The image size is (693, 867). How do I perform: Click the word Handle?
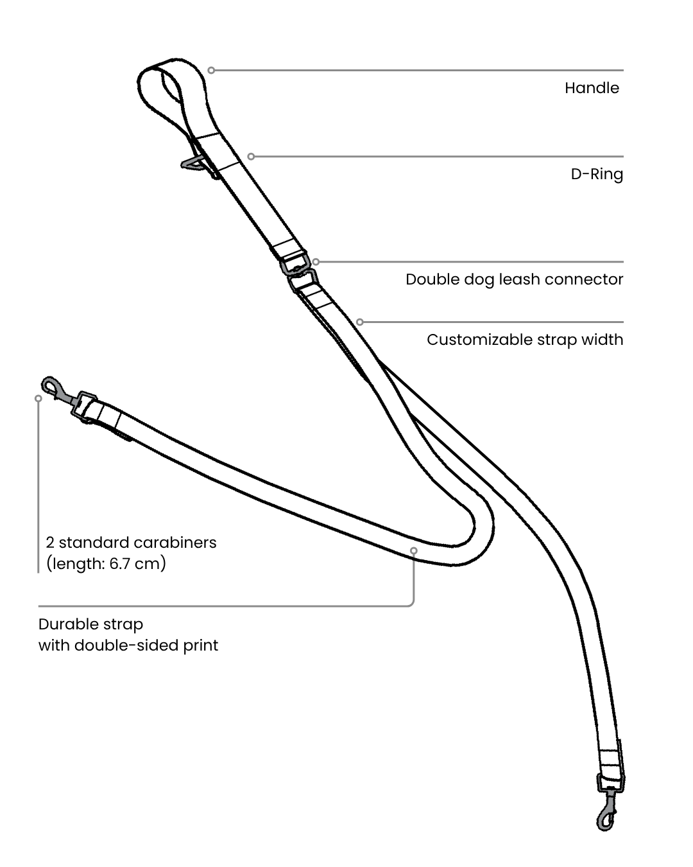pos(592,88)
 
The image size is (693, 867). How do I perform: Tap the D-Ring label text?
pos(597,174)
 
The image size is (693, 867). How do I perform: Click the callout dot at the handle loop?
pos(211,70)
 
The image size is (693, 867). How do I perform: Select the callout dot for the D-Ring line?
pos(251,156)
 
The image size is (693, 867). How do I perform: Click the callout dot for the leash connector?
pos(316,262)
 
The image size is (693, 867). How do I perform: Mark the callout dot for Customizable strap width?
pos(360,322)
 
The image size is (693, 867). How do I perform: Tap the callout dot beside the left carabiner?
pos(38,398)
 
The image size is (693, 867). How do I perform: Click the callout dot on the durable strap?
pos(414,550)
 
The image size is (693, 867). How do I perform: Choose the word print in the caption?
pos(201,645)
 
